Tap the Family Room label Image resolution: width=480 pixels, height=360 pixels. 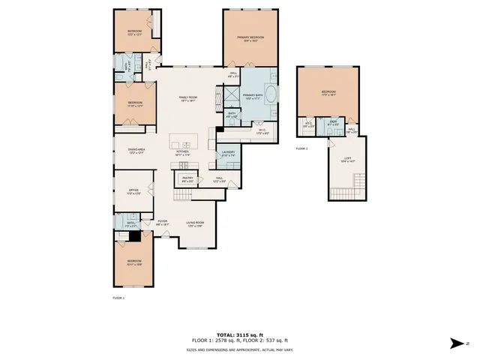click(187, 98)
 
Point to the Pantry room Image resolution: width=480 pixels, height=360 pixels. click(187, 178)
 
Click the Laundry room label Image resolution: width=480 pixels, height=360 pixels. click(229, 153)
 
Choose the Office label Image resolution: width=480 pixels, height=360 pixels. click(133, 191)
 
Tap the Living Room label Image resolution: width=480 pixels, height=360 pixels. click(196, 223)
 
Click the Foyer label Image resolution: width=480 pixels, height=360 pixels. click(163, 222)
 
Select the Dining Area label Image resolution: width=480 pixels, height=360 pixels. click(136, 150)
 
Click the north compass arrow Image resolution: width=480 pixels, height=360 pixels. click(457, 343)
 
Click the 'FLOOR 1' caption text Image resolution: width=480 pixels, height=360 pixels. click(118, 298)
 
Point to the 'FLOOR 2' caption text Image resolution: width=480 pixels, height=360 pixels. click(301, 148)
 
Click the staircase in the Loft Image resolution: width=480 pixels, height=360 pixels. click(358, 184)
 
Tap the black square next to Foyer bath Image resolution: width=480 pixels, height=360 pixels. click(135, 235)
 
